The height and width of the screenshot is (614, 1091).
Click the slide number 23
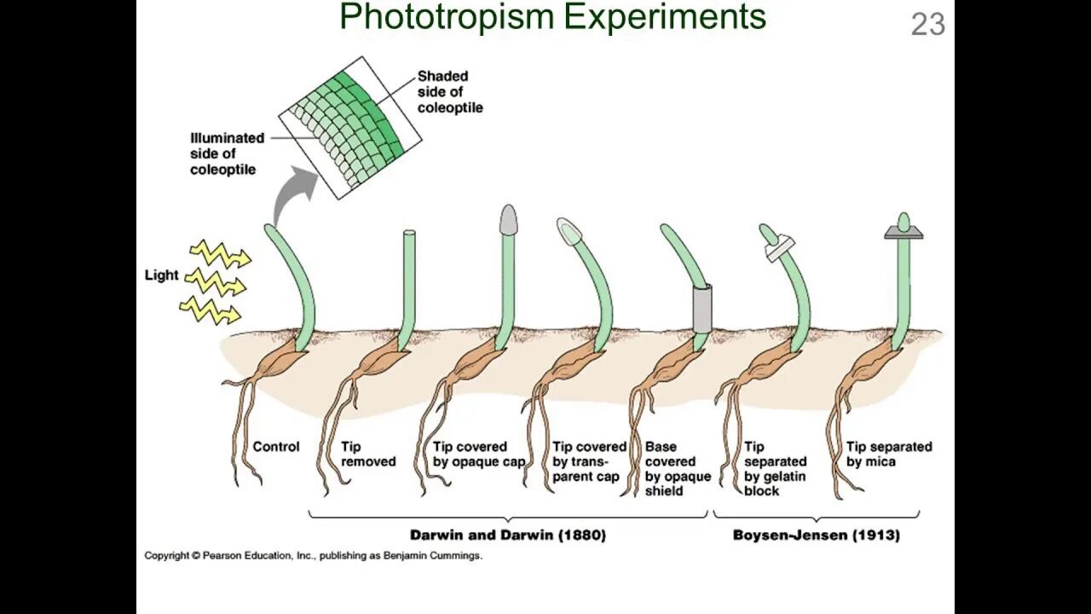pyautogui.click(x=928, y=24)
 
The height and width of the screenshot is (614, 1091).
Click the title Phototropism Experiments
pyautogui.click(x=552, y=16)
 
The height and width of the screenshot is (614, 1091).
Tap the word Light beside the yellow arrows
pyautogui.click(x=161, y=275)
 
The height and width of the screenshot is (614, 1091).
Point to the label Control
pyautogui.click(x=276, y=447)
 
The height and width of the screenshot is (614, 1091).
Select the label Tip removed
pyautogui.click(x=368, y=454)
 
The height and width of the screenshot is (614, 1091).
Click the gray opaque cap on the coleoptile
pyautogui.click(x=508, y=219)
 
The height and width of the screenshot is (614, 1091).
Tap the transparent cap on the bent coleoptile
pyautogui.click(x=569, y=229)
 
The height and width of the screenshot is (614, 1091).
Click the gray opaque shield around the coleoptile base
pyautogui.click(x=702, y=309)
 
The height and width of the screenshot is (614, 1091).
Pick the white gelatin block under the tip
pyautogui.click(x=778, y=251)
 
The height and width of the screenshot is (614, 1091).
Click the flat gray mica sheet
pyautogui.click(x=904, y=233)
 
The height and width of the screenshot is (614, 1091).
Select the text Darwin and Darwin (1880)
pyautogui.click(x=508, y=536)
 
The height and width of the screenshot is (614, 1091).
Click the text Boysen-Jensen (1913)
pyautogui.click(x=816, y=536)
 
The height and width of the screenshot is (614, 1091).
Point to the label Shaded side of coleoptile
pyautogui.click(x=449, y=92)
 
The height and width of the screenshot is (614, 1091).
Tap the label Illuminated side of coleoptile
pyautogui.click(x=226, y=153)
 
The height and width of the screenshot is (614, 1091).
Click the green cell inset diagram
pyautogui.click(x=349, y=128)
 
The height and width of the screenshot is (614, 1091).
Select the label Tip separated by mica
pyautogui.click(x=889, y=454)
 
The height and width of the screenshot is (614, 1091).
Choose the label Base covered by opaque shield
pyautogui.click(x=678, y=468)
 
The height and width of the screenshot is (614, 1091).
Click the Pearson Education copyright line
pyautogui.click(x=313, y=556)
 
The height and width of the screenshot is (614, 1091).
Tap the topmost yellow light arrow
pyautogui.click(x=219, y=253)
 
